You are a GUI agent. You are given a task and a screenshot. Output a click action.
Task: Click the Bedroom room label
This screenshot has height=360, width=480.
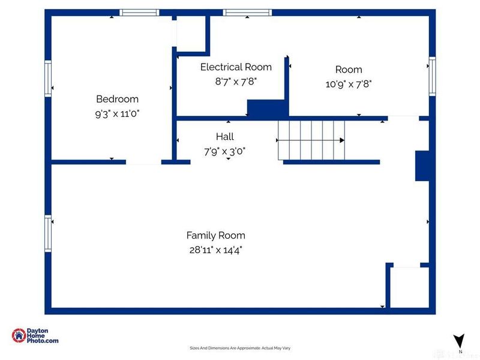[x=118, y=99]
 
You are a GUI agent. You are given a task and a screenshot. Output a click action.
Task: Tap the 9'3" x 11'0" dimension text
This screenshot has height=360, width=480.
[x=118, y=113]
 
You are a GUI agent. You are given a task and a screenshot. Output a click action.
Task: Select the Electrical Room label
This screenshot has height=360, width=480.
[x=236, y=67]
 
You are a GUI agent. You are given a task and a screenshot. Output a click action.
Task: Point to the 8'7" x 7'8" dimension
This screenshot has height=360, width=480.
[x=236, y=81]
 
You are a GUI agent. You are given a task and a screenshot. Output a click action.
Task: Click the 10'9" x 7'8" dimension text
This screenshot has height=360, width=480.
[x=349, y=85]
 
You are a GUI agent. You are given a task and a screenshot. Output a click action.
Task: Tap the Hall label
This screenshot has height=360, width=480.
[x=225, y=137]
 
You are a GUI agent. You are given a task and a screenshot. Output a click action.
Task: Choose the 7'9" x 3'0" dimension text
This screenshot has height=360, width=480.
[x=225, y=151]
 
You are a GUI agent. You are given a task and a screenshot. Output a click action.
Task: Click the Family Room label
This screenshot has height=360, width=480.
[x=215, y=235]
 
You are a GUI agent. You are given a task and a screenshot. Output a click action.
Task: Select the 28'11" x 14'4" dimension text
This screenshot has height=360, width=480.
[x=215, y=250]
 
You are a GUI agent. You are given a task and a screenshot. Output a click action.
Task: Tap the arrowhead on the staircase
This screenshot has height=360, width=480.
[x=342, y=140]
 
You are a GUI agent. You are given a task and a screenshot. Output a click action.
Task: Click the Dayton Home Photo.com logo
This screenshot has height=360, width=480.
[x=35, y=336]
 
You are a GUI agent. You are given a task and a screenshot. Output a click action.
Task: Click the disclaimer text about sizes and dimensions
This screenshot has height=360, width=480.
[x=240, y=348]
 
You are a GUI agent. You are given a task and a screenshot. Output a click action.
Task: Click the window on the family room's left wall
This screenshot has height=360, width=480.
[x=48, y=233]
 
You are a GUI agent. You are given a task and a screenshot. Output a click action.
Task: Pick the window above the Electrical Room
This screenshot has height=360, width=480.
[x=247, y=13]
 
